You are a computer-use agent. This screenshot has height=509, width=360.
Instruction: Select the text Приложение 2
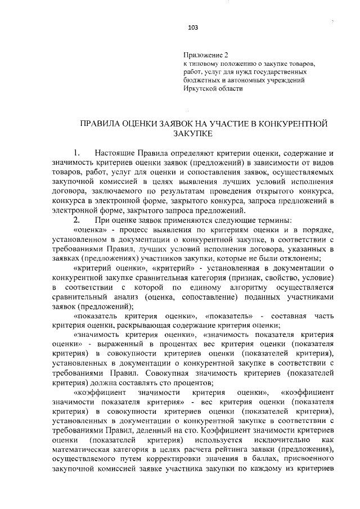206,56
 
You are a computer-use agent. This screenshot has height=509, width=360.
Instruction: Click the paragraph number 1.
77,153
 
